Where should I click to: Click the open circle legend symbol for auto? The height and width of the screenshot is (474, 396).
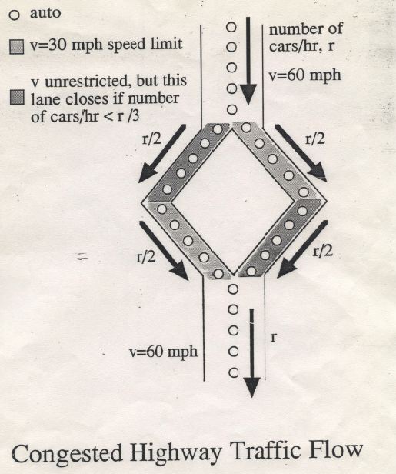click(x=14, y=15)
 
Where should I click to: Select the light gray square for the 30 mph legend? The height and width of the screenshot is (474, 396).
click(x=16, y=46)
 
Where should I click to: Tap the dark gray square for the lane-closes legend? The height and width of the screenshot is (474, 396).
click(x=17, y=97)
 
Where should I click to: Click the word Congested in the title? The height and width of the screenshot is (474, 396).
click(x=66, y=453)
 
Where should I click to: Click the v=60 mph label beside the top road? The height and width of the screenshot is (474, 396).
click(x=304, y=75)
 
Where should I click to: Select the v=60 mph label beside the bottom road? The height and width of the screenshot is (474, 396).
click(x=163, y=352)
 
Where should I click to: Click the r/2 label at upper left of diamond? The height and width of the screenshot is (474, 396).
click(x=151, y=139)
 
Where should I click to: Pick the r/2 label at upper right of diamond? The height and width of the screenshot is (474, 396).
click(x=315, y=139)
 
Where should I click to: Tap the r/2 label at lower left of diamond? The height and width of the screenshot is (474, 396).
click(x=146, y=257)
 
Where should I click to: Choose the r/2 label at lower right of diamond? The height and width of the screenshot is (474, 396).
click(x=323, y=251)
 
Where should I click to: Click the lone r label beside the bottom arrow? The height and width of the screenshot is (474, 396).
click(x=274, y=337)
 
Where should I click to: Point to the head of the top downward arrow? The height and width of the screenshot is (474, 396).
click(x=248, y=94)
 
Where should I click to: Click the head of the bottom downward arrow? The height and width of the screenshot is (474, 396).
click(x=251, y=388)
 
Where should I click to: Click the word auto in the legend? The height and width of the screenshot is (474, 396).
click(x=45, y=13)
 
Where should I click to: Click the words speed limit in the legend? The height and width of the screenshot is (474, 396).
click(x=145, y=44)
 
